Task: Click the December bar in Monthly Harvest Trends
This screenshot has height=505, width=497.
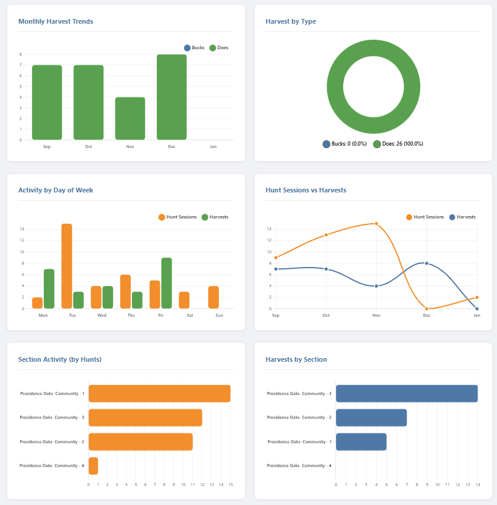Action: click(172, 97)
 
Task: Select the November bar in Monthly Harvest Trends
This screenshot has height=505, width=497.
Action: click(130, 118)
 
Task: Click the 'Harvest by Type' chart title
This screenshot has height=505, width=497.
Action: click(291, 21)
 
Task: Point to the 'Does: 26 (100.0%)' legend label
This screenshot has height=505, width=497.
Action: click(398, 144)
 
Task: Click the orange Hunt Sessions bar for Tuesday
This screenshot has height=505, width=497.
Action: click(67, 266)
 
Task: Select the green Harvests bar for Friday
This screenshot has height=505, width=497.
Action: click(166, 283)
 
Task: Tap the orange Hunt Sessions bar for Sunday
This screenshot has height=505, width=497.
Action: click(214, 297)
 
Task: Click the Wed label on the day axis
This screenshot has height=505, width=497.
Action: click(102, 316)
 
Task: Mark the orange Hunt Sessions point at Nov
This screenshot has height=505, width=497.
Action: click(376, 224)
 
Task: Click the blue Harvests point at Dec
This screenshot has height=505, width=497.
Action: click(427, 263)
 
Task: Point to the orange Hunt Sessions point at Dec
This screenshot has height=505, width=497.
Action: click(427, 308)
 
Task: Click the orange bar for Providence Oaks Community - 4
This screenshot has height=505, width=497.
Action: click(93, 466)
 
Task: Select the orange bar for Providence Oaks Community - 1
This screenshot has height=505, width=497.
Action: click(159, 394)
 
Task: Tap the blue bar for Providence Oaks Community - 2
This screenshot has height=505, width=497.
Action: click(371, 417)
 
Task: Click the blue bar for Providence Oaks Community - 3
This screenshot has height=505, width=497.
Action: click(406, 394)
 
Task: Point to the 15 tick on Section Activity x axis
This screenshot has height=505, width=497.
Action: click(231, 485)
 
